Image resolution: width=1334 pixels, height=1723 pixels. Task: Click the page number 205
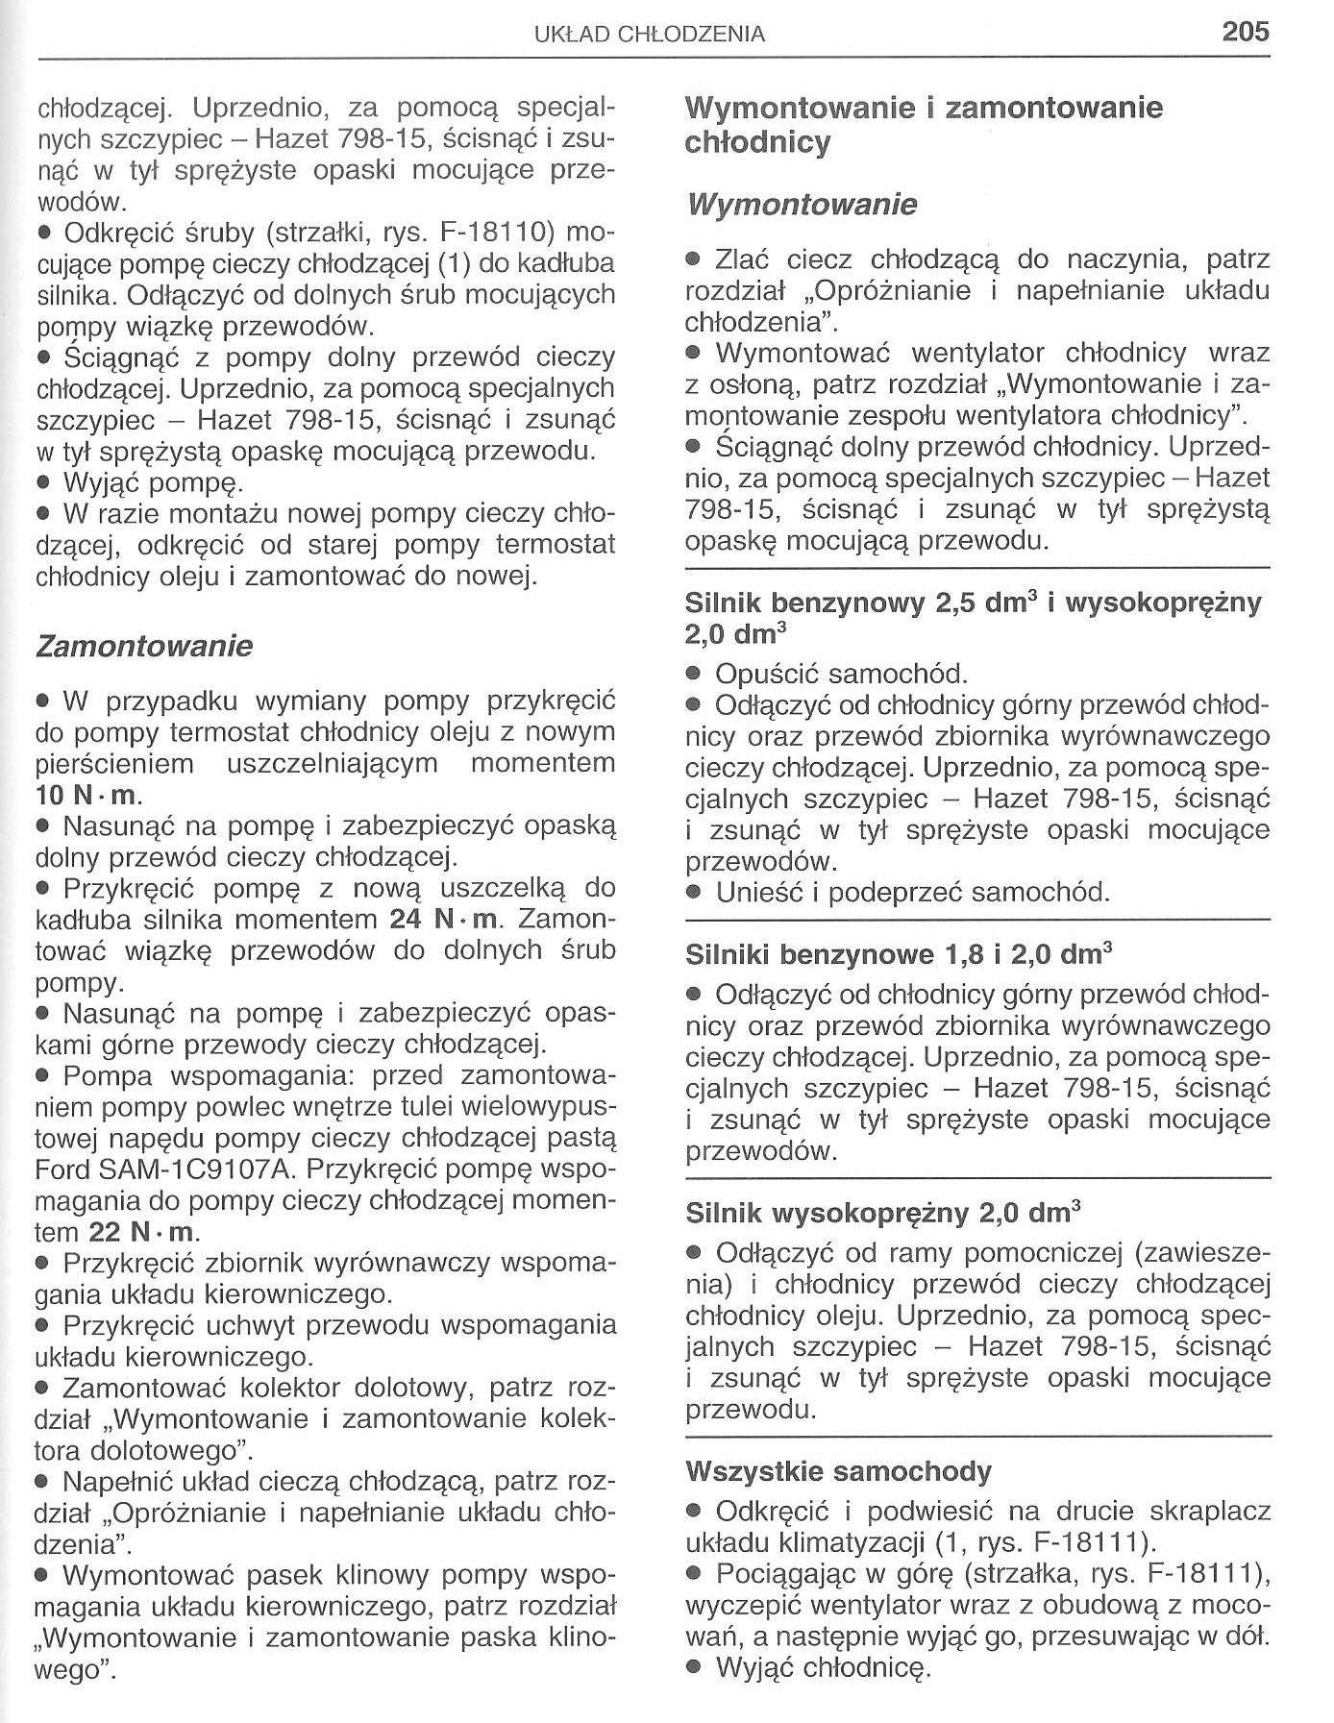(x=1246, y=32)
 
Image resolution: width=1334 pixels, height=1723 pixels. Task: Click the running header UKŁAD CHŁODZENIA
(x=650, y=35)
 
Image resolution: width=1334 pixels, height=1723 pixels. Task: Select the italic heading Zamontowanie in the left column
(x=144, y=646)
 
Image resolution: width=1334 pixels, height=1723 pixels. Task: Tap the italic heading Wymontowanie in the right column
(x=802, y=205)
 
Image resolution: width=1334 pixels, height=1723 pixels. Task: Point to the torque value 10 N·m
(x=88, y=796)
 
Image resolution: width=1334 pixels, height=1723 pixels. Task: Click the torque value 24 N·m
(x=446, y=920)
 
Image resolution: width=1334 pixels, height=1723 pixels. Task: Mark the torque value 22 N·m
(x=143, y=1232)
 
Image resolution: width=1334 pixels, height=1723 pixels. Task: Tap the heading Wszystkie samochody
(x=838, y=1471)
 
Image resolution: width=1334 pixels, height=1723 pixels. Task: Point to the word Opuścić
(x=767, y=674)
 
